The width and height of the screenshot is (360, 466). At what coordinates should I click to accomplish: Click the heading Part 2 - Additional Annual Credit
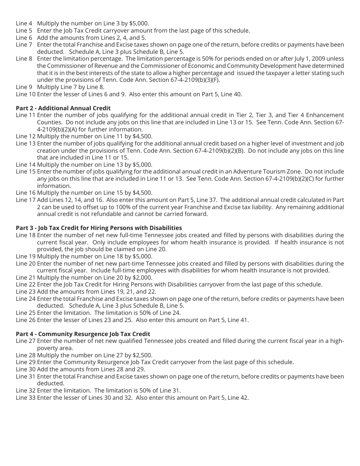click(x=63, y=108)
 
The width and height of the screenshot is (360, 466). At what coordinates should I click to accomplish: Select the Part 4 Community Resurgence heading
click(x=83, y=334)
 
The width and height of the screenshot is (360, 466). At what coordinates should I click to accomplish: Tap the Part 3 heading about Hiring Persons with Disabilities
click(x=99, y=228)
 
